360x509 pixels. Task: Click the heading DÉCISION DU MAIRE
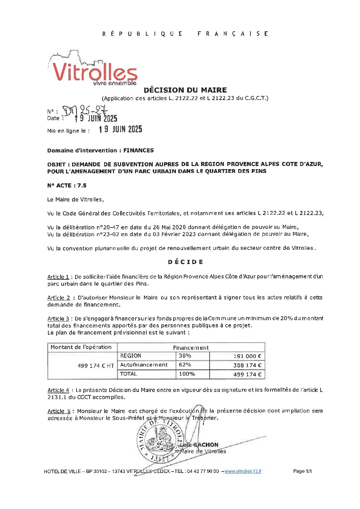coord(185,90)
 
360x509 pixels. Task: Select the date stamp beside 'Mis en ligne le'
coord(120,129)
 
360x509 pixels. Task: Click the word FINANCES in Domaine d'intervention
coord(138,150)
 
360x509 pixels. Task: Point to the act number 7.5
coord(82,185)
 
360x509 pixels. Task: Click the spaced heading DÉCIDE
coord(185,262)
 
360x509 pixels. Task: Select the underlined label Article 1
coord(58,277)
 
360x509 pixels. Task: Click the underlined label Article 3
coord(58,319)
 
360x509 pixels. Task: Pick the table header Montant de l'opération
coord(81,347)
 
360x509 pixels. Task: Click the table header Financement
coord(191,348)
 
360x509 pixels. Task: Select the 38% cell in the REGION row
coord(185,356)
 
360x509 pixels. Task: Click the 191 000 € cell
coord(247,356)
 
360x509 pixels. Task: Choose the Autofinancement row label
coord(144,365)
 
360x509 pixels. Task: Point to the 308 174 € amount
coord(247,365)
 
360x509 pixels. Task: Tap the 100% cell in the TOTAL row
coord(187,374)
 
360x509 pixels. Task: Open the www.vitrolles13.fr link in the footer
coord(243,471)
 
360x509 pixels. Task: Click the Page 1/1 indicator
coord(302,471)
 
